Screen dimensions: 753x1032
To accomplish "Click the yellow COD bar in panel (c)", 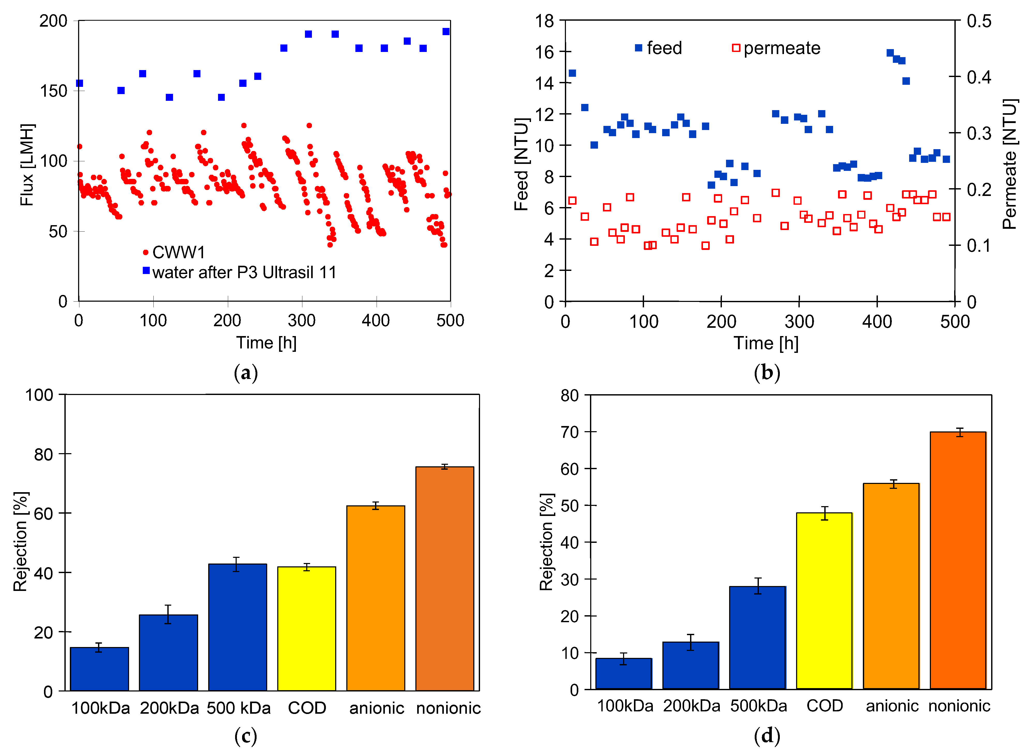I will click(x=306, y=629).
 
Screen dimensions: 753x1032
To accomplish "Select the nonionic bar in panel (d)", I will click(x=958, y=561).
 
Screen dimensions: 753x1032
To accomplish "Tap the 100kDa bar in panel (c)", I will click(x=99, y=669).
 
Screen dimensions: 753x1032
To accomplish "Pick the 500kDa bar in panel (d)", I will click(x=758, y=638).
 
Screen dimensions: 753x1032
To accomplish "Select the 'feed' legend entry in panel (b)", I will click(x=664, y=48).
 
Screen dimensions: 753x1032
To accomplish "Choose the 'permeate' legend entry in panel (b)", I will click(x=782, y=48).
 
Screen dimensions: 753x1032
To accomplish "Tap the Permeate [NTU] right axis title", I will click(x=1010, y=164).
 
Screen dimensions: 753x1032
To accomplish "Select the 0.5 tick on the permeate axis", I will click(x=979, y=21).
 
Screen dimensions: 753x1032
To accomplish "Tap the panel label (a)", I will click(x=246, y=372).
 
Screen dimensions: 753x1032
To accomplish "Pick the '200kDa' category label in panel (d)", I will click(x=691, y=706).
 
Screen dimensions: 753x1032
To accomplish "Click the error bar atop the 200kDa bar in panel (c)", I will click(x=168, y=614).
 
